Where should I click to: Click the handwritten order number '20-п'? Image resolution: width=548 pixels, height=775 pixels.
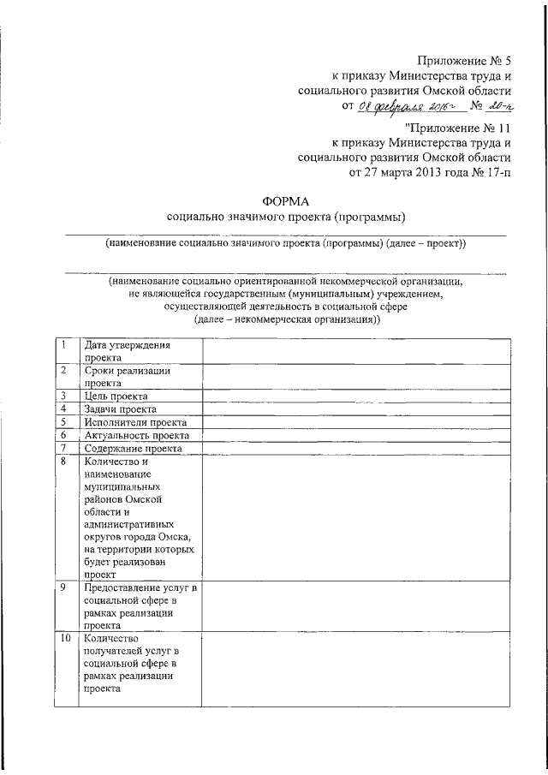496,106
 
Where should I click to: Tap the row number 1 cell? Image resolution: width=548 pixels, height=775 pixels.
66,351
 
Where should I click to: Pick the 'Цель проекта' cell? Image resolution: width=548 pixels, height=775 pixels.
116,396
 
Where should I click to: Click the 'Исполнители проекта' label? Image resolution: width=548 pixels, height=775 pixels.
136,422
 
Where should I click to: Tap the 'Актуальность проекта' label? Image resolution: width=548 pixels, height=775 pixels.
137,435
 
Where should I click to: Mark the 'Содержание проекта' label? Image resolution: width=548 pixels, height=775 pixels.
134,448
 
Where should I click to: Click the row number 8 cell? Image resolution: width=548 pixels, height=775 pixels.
66,518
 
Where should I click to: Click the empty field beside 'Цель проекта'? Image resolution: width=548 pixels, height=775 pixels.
354,396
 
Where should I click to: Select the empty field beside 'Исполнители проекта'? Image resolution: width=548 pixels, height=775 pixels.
354,422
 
